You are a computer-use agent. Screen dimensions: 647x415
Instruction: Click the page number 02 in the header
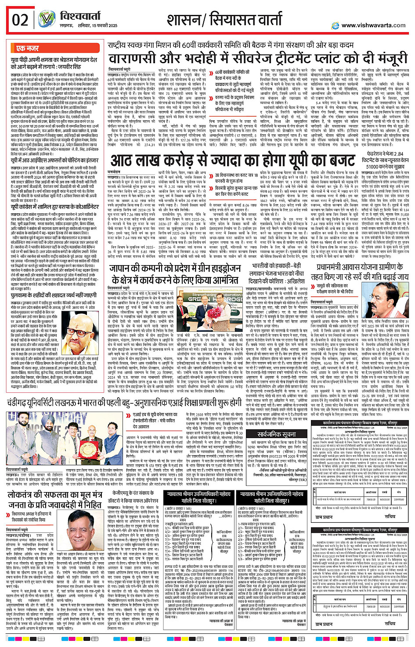(20, 20)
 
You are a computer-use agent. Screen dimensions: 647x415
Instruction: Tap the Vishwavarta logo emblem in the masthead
(47, 20)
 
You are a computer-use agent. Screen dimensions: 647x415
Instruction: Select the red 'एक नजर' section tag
(27, 48)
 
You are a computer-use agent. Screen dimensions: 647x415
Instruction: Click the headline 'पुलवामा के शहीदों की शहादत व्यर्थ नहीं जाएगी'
(54, 295)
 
